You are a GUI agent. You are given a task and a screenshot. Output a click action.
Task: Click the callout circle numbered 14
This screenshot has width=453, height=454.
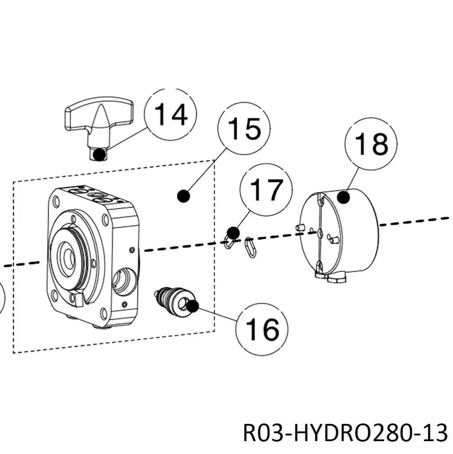[171, 114]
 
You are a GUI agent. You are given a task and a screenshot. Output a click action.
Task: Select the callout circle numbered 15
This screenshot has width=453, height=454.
[244, 129]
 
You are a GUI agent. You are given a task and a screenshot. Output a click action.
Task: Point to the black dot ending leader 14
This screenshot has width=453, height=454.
[100, 155]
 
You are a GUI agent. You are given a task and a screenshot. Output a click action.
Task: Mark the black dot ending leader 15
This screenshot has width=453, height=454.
[182, 195]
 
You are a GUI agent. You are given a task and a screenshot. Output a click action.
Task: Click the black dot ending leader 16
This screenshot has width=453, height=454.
[192, 305]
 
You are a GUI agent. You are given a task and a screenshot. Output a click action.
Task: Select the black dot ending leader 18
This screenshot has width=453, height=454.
[343, 197]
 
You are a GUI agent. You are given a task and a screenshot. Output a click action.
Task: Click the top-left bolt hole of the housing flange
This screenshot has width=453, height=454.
[55, 202]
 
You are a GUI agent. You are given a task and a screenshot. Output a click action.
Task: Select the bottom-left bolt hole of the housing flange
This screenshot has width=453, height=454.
[54, 294]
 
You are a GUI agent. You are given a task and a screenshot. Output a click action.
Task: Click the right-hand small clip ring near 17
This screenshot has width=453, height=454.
[250, 248]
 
